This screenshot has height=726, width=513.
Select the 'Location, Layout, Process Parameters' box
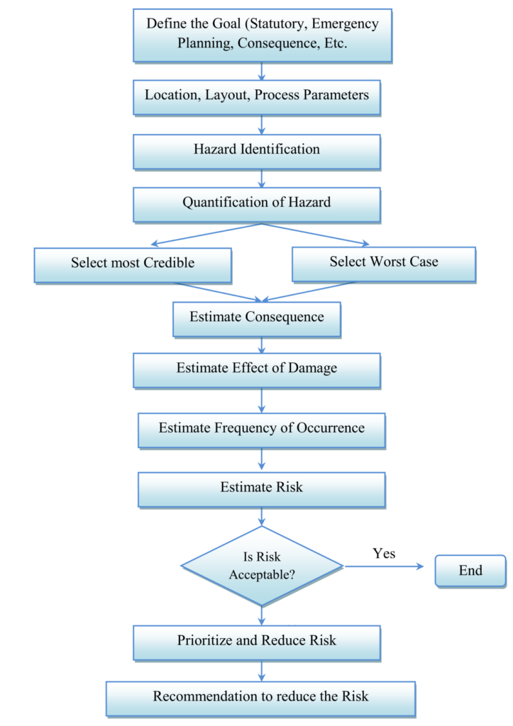(x=257, y=95)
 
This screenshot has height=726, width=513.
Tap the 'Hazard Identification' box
(x=257, y=150)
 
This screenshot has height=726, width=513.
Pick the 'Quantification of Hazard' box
(x=257, y=203)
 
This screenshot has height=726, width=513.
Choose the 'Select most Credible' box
(x=133, y=264)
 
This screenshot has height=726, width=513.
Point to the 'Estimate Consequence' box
(x=257, y=317)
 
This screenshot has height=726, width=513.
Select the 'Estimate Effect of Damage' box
(x=257, y=369)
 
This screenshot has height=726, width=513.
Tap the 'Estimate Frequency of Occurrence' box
(x=262, y=428)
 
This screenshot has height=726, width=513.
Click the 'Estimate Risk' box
(x=262, y=488)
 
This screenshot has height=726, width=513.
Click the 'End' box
(x=470, y=571)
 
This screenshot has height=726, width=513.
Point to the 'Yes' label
(x=384, y=553)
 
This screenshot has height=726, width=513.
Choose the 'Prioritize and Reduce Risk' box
(x=257, y=641)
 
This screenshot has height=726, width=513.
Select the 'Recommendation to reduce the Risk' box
(x=261, y=697)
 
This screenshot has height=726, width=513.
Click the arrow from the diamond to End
(x=387, y=566)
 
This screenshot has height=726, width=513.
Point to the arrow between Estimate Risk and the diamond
(x=263, y=517)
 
